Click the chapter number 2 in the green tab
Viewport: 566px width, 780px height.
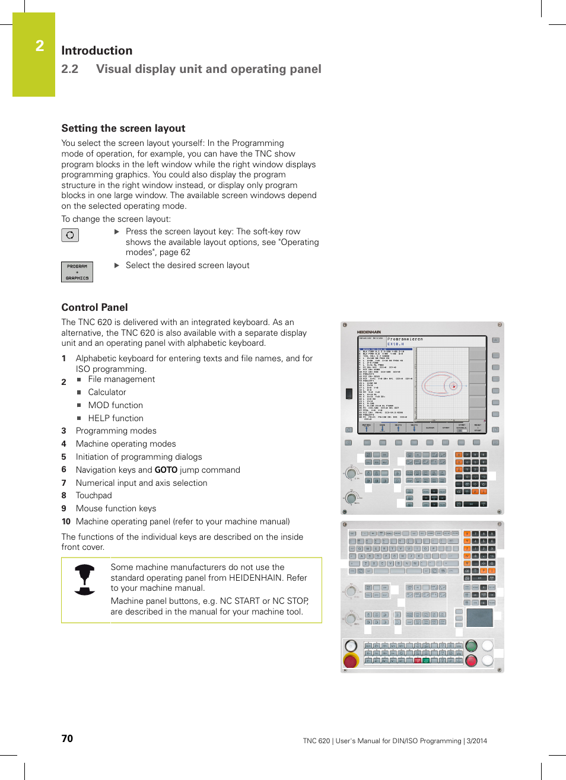(x=40, y=46)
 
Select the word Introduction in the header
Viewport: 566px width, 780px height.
(x=97, y=50)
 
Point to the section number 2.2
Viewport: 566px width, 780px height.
(x=69, y=69)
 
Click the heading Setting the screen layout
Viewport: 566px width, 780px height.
(x=123, y=128)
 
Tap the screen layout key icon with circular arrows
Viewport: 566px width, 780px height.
(x=70, y=235)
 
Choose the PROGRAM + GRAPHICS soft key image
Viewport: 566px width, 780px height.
(x=77, y=272)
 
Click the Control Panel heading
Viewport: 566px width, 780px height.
(x=94, y=307)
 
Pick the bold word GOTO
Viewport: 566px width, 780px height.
(x=166, y=470)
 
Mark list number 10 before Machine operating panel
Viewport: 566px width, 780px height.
(x=66, y=521)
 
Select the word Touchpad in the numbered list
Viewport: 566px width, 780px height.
(x=94, y=495)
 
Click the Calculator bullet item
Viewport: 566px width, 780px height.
(x=107, y=392)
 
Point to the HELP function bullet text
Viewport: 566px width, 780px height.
(x=116, y=418)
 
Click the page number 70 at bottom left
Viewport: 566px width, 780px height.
(x=67, y=738)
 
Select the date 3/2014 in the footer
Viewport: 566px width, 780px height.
(x=476, y=741)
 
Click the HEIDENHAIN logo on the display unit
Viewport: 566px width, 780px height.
(x=369, y=332)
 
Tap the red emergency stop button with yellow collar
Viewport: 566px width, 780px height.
(x=351, y=660)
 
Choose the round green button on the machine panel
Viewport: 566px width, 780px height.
(x=472, y=646)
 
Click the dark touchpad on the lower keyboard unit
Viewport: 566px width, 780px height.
(x=479, y=617)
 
